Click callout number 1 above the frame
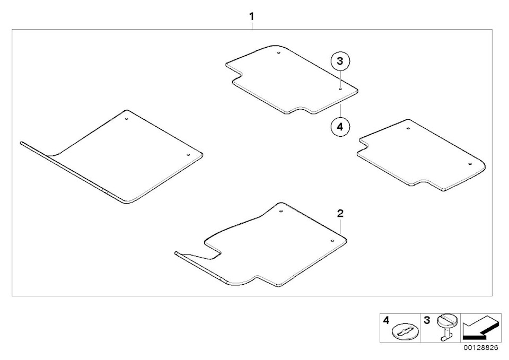point(251,16)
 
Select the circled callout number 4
point(340,127)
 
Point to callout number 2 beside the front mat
point(340,213)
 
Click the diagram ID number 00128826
point(480,348)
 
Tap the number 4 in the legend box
point(385,320)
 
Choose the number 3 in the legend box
point(426,320)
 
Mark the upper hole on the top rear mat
point(279,53)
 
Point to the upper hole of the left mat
point(127,119)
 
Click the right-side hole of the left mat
point(188,155)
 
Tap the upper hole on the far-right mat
point(408,128)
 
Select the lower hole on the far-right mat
point(469,164)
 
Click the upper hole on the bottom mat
point(281,212)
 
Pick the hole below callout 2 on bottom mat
point(332,241)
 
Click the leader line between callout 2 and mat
point(340,226)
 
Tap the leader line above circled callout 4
point(340,111)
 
